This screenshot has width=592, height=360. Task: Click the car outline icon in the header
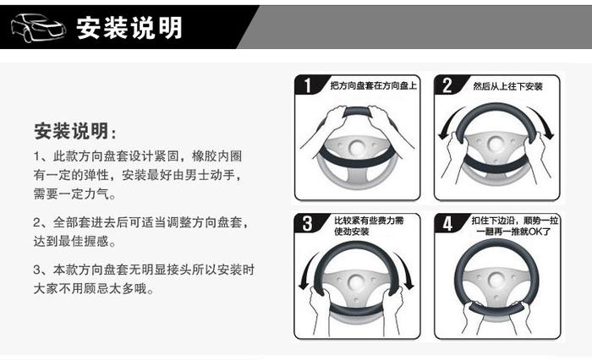[39, 28]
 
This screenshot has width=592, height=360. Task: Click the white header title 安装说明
[129, 28]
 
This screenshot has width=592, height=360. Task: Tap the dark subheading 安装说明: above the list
[75, 131]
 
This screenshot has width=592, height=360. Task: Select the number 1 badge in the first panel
[308, 85]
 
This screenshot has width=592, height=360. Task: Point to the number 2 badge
[447, 85]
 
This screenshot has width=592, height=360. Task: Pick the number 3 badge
[308, 223]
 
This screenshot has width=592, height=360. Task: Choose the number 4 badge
[447, 223]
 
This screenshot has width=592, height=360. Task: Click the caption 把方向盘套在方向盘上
[374, 85]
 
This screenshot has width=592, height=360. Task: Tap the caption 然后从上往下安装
[508, 86]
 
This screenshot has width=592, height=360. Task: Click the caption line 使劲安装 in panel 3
[352, 232]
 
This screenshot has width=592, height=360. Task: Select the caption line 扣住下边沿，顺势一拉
[514, 221]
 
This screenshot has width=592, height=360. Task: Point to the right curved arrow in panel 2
[544, 122]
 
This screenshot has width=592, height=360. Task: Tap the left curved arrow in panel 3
[306, 270]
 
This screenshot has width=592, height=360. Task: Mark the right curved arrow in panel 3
[407, 270]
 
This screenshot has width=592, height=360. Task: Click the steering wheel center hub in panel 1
[357, 148]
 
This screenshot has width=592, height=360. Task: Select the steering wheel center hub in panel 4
[497, 280]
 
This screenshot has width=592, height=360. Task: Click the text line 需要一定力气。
[74, 194]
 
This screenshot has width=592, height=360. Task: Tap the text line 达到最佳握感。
[74, 241]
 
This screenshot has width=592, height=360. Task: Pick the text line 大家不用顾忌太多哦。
[94, 289]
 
